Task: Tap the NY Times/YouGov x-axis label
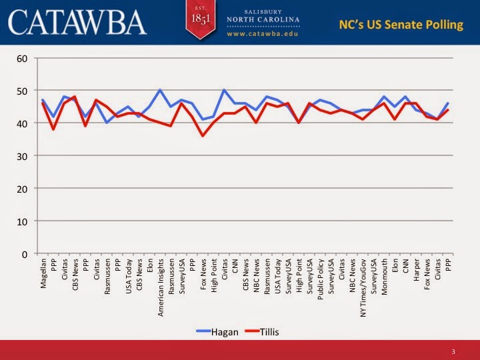[x=363, y=288]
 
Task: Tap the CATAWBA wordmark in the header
[x=77, y=22]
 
